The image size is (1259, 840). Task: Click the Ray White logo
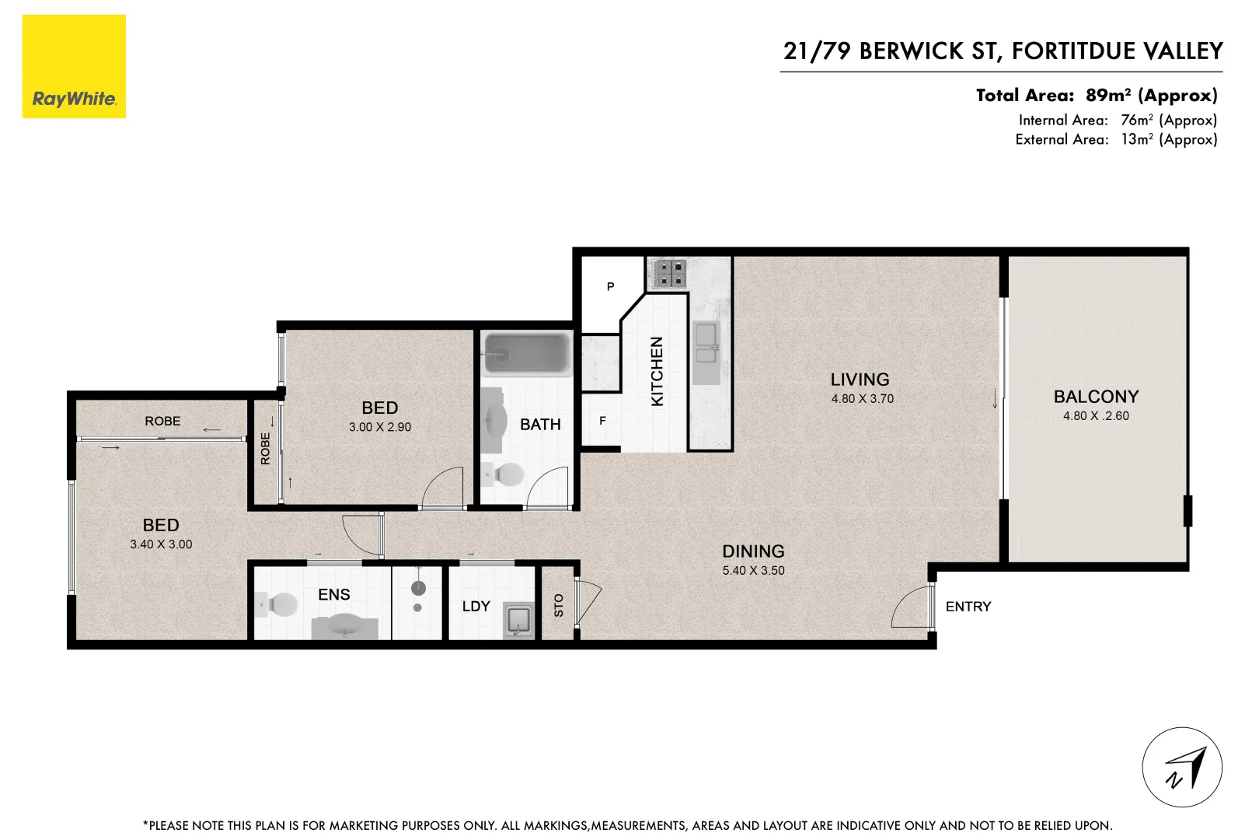(x=74, y=67)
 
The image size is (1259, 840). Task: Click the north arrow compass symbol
(x=1181, y=768)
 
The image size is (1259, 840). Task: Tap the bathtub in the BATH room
(x=526, y=354)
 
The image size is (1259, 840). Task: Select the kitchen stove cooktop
(x=669, y=273)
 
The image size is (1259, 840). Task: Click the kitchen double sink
(x=706, y=344)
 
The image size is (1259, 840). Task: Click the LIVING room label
(x=860, y=380)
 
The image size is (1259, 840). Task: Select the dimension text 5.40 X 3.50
(x=753, y=570)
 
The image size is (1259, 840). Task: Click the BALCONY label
(x=1096, y=397)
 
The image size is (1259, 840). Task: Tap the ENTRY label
(x=968, y=607)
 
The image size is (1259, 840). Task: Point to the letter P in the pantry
(x=610, y=287)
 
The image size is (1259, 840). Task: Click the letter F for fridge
(x=602, y=421)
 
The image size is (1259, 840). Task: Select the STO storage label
(x=558, y=605)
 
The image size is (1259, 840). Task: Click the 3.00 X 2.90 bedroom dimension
(x=380, y=427)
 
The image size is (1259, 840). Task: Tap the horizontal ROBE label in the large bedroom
(x=162, y=421)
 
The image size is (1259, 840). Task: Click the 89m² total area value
(x=1108, y=96)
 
